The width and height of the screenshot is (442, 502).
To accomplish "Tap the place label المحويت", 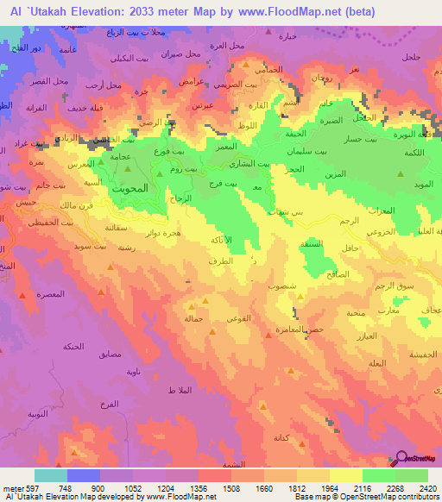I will pyautogui.click(x=130, y=186).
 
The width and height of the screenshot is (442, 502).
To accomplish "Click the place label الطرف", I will pyautogui.click(x=220, y=260).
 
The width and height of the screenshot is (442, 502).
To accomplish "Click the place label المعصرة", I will pyautogui.click(x=54, y=296).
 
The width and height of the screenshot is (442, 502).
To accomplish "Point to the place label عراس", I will pyautogui.click(x=190, y=80).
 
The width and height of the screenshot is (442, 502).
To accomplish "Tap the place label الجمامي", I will pyautogui.click(x=268, y=69).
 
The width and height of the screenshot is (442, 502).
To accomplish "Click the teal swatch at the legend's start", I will pyautogui.click(x=50, y=474).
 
